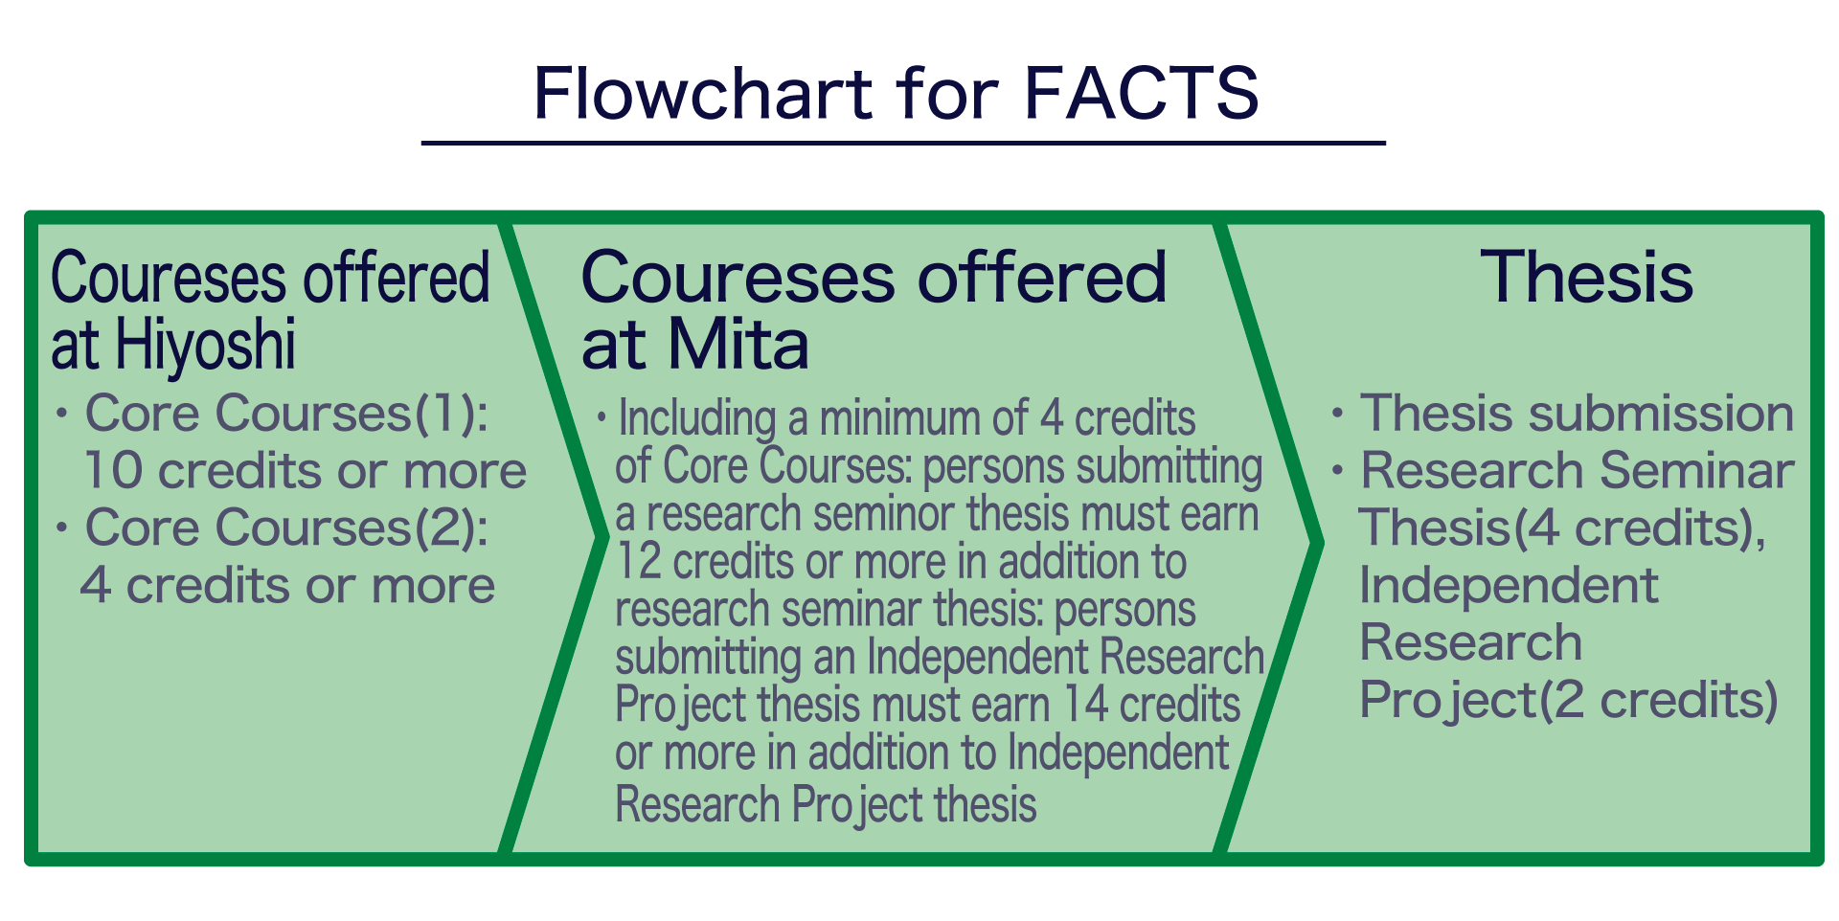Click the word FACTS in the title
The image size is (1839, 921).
click(x=1141, y=94)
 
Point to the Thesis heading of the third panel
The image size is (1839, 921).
click(x=1586, y=278)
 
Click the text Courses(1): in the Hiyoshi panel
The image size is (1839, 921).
click(x=353, y=414)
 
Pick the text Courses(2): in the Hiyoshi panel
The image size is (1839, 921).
click(x=353, y=528)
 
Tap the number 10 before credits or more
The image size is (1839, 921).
click(x=113, y=471)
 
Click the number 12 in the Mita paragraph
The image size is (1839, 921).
click(x=638, y=562)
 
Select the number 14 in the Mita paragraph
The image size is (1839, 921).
click(x=1085, y=706)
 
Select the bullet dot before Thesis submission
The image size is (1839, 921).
click(x=1337, y=414)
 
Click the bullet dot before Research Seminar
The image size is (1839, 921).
click(x=1337, y=471)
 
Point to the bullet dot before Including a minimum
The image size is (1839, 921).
click(x=602, y=417)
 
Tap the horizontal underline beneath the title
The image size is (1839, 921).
click(x=903, y=144)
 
